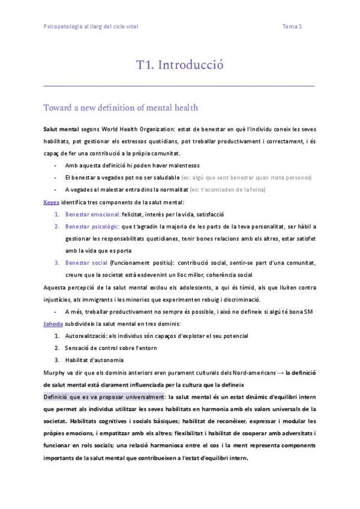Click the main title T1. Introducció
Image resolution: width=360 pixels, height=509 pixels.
tap(179, 65)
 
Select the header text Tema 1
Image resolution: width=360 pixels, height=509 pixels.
tap(292, 26)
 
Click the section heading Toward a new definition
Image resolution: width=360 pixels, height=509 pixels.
tap(121, 108)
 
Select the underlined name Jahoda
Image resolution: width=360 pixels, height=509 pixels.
tap(53, 324)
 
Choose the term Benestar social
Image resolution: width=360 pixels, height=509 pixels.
tap(86, 263)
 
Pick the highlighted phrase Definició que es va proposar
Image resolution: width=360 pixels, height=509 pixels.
tap(104, 397)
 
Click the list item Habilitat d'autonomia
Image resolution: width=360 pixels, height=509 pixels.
tap(95, 360)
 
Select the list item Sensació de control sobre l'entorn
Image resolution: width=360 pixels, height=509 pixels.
tap(113, 348)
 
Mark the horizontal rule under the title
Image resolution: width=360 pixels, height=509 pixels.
tap(179, 86)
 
